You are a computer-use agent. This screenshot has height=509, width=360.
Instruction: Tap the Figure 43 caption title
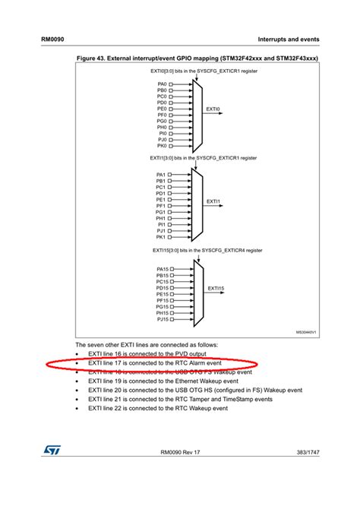click(x=197, y=58)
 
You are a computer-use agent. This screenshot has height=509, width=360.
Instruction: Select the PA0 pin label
click(x=162, y=84)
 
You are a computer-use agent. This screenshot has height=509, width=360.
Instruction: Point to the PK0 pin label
click(x=162, y=146)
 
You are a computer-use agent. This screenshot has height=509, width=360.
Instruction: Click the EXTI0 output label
click(x=213, y=109)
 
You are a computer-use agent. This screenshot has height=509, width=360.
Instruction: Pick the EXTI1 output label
click(x=213, y=202)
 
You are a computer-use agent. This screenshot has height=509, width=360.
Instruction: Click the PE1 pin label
click(x=161, y=200)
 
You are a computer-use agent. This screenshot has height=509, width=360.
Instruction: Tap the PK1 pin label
click(x=161, y=237)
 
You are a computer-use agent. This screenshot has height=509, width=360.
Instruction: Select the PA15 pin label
click(x=163, y=269)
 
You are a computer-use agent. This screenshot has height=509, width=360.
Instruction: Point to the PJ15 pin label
click(x=163, y=319)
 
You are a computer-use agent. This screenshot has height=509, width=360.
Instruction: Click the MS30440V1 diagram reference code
click(x=306, y=332)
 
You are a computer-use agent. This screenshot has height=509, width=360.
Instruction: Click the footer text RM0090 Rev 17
click(x=180, y=454)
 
